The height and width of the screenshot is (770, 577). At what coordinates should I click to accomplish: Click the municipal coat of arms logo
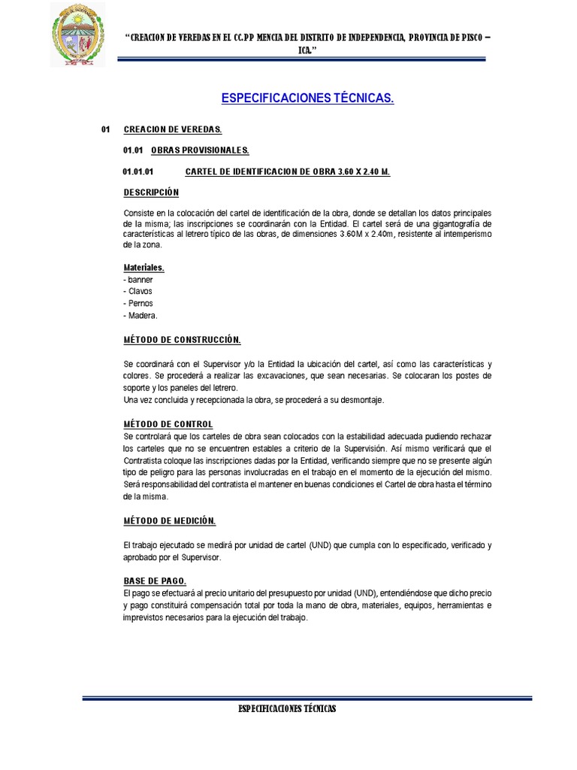[78, 35]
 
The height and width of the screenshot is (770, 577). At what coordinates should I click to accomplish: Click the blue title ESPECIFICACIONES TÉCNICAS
[307, 99]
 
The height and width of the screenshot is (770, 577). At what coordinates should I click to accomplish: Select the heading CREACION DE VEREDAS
[172, 130]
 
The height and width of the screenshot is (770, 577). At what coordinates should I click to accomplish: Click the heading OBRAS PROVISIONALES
[200, 150]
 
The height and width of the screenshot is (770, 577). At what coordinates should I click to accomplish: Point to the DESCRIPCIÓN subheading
[152, 192]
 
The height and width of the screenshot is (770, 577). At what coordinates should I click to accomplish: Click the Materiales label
[143, 268]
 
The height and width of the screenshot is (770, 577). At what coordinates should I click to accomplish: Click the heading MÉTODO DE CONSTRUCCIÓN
[183, 340]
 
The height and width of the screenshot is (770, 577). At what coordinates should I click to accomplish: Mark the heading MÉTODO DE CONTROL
[168, 424]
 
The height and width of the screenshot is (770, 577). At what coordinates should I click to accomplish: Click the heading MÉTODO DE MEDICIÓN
[169, 520]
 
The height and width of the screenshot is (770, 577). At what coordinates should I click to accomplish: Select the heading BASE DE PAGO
[155, 581]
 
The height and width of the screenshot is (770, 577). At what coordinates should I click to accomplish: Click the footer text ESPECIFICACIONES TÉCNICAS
[287, 709]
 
